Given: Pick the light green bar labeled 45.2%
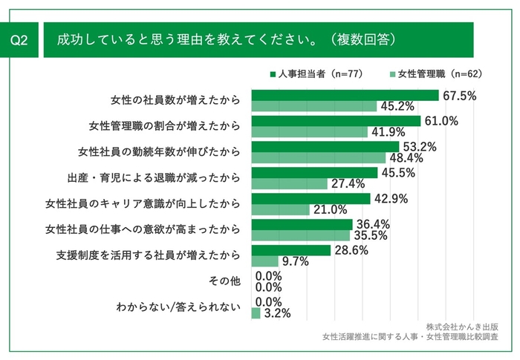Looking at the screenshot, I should (314, 106).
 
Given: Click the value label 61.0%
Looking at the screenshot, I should (442, 121).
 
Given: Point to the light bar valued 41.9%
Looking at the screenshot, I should (310, 132).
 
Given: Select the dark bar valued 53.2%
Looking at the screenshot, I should (325, 147).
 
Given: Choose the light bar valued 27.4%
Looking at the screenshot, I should (290, 183).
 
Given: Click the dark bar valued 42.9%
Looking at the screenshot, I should (311, 199).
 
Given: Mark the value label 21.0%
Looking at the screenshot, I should (329, 210).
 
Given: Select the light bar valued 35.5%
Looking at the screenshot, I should (301, 235).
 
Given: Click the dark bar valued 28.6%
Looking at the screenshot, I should (291, 250).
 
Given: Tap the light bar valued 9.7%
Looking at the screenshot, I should (265, 261).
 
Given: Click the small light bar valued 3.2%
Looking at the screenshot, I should (256, 313).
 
